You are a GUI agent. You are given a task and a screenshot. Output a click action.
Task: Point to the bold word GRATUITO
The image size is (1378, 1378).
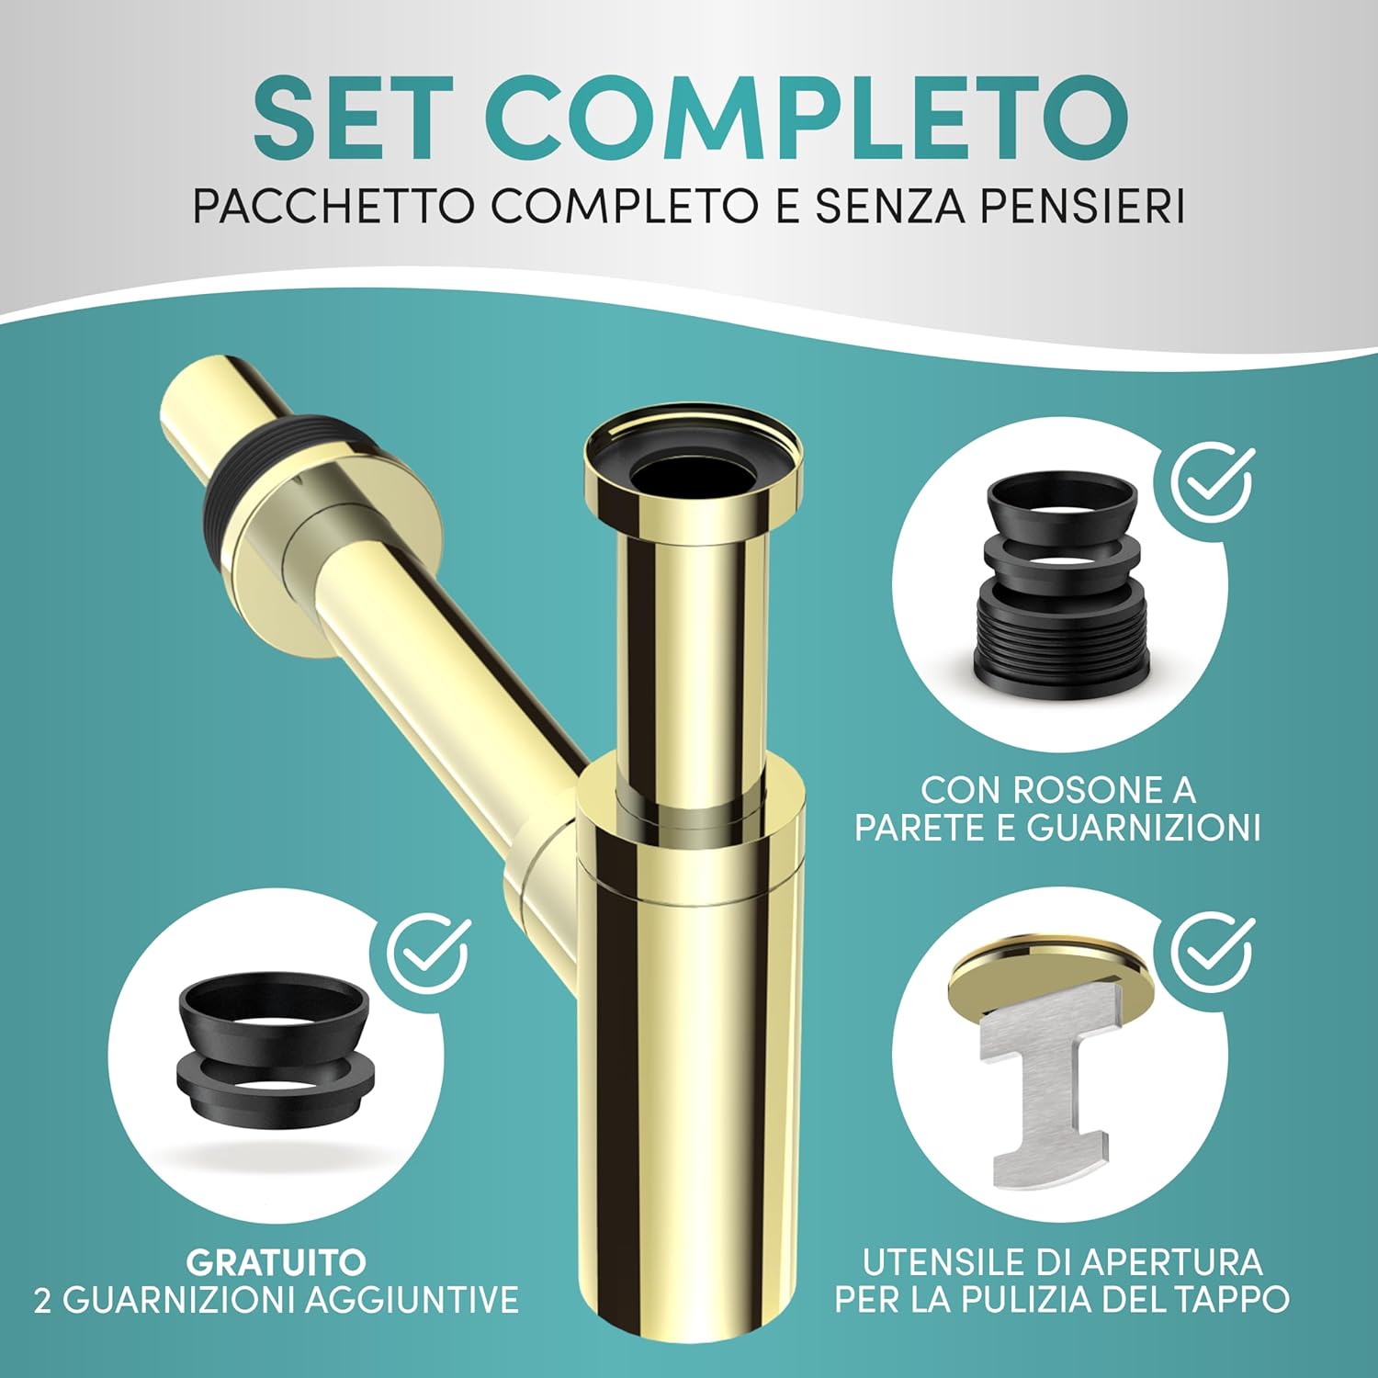(x=276, y=1262)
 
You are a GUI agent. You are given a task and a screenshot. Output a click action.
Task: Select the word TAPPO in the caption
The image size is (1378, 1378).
(x=1227, y=1300)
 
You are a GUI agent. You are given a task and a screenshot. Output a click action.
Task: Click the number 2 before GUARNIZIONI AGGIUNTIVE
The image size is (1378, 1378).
(x=42, y=1300)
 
